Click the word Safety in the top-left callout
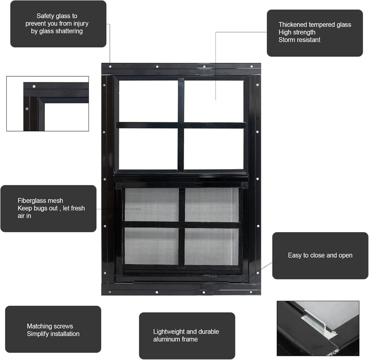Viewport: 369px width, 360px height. tap(45, 16)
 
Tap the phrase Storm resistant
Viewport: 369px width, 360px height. tap(299, 40)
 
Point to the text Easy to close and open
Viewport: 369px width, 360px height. tap(320, 255)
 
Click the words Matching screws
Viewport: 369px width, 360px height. tap(50, 326)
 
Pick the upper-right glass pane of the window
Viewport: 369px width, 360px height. tap(214, 101)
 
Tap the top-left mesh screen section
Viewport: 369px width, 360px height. tap(152, 205)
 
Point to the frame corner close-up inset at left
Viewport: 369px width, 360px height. tap(48, 104)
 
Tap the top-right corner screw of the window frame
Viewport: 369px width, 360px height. tap(252, 67)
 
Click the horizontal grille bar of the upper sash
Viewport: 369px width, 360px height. tap(181, 126)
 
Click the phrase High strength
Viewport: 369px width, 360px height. tap(297, 32)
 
